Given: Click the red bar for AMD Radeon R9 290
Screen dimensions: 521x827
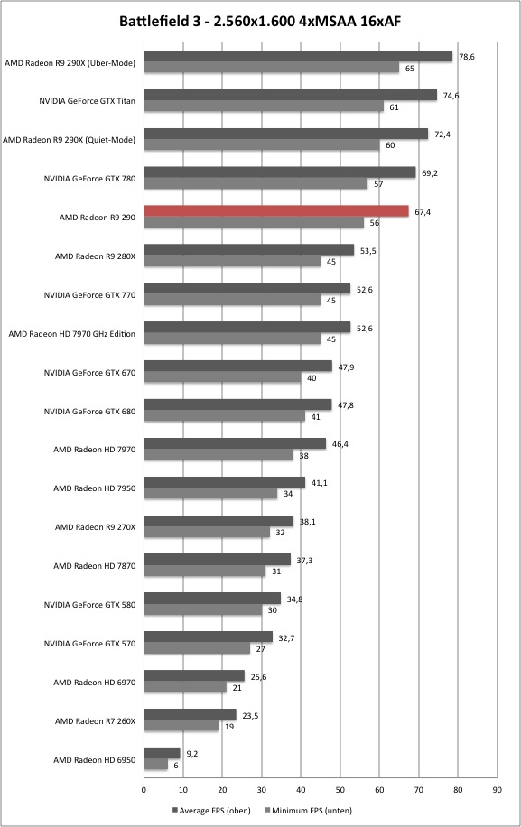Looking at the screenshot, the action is pos(276,211).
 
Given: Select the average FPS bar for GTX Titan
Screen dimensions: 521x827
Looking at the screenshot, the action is pos(291,95).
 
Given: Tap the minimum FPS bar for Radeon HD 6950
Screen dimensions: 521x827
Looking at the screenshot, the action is pos(155,765).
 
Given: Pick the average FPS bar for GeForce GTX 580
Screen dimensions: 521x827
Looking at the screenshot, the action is pos(212,598).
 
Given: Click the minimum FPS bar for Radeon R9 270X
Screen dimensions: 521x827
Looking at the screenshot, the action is pos(207,532).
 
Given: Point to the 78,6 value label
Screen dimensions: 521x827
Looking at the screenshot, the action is pos(467,57).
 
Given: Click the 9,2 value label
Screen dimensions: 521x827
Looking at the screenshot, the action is pos(192,754).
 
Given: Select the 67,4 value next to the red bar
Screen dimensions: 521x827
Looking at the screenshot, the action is pos(423,212).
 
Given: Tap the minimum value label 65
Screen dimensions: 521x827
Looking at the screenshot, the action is pos(410,69).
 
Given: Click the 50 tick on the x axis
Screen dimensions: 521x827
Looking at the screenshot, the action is pos(340,790).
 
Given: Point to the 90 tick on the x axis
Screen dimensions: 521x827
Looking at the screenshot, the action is pos(498,790).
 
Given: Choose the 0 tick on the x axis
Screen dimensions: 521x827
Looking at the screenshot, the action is pos(144,790).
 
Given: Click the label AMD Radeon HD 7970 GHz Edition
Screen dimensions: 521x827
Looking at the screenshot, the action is pos(71,334).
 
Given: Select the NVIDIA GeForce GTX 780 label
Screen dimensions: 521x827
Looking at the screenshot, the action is pos(89,179).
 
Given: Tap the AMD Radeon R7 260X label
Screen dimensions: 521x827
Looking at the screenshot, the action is pos(95,721).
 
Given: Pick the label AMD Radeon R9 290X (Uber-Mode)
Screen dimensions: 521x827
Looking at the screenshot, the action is pos(70,63).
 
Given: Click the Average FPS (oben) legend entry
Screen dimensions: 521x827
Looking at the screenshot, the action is pos(211,810).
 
